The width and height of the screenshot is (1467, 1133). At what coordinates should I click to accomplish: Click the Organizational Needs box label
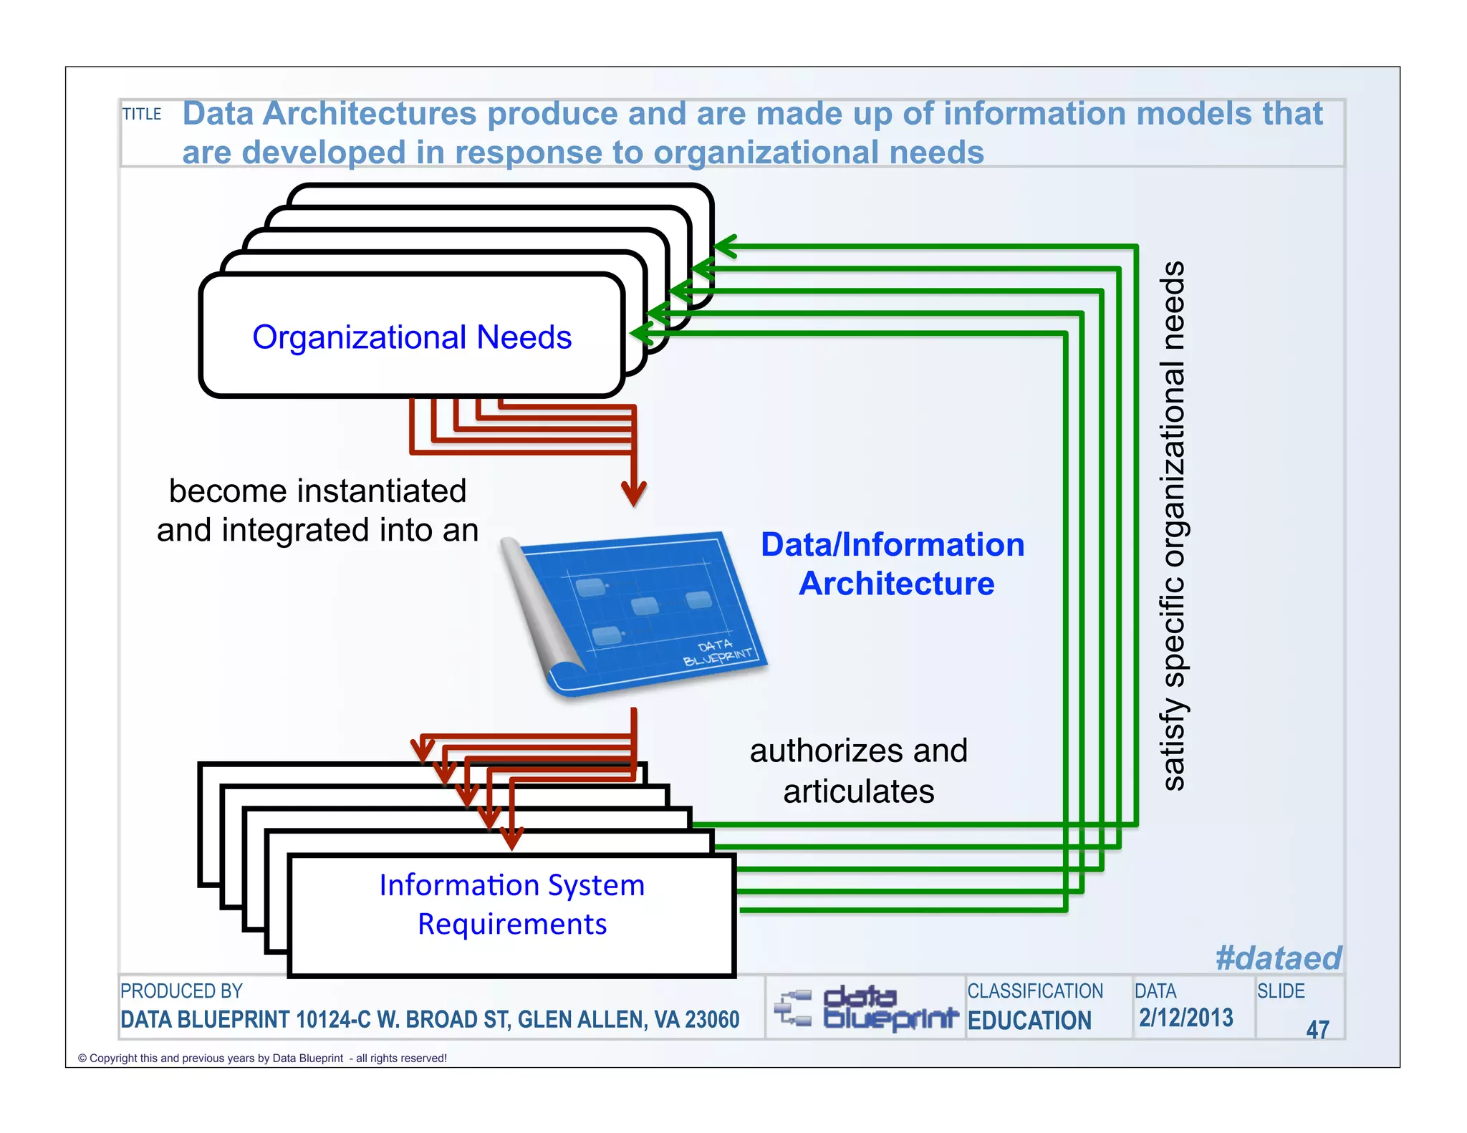[x=412, y=337]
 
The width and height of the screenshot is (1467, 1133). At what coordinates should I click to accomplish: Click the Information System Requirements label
[x=512, y=905]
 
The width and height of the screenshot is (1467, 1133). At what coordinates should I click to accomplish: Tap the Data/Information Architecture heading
[x=893, y=564]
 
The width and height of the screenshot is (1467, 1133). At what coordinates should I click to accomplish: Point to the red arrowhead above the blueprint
[x=634, y=493]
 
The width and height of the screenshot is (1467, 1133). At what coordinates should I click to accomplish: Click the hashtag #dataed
[x=1278, y=958]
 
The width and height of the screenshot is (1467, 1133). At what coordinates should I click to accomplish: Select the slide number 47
[x=1317, y=1030]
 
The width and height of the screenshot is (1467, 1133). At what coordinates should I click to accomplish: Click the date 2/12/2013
[x=1186, y=1018]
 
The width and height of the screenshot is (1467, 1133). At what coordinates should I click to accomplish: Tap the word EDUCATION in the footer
[x=1029, y=1021]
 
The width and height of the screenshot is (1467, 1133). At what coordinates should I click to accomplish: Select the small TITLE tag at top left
[x=142, y=115]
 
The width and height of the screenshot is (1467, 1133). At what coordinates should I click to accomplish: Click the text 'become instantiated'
[x=317, y=491]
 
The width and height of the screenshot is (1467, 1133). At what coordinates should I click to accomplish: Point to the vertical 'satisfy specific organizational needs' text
[x=1173, y=526]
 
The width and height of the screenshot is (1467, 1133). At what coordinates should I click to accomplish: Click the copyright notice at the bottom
[x=262, y=1059]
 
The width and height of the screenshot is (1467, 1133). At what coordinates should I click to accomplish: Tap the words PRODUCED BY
[x=181, y=991]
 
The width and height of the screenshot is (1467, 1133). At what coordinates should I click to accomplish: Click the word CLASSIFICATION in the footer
[x=1035, y=991]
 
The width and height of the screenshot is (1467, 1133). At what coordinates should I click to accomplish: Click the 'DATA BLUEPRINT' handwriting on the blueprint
[x=717, y=652]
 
